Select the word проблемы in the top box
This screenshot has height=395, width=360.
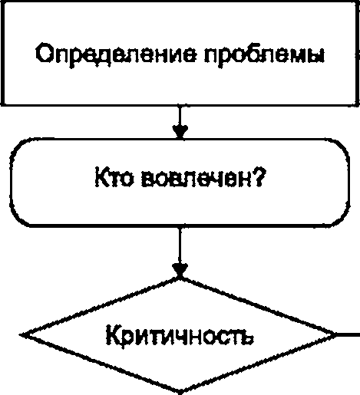pyautogui.click(x=265, y=55)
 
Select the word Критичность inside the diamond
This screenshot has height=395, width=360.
pyautogui.click(x=180, y=335)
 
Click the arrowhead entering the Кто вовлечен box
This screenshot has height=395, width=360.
pyautogui.click(x=180, y=132)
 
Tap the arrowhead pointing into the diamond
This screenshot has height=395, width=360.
pyautogui.click(x=180, y=271)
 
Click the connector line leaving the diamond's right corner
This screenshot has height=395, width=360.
pyautogui.click(x=348, y=334)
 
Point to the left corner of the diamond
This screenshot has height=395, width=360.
pyautogui.click(x=21, y=334)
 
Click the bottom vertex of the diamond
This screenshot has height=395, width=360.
pyautogui.click(x=180, y=392)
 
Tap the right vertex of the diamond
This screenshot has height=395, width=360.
pyautogui.click(x=337, y=334)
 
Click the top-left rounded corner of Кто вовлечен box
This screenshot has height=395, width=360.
pyautogui.click(x=18, y=146)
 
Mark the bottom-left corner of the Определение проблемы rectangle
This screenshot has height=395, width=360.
pyautogui.click(x=3, y=104)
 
